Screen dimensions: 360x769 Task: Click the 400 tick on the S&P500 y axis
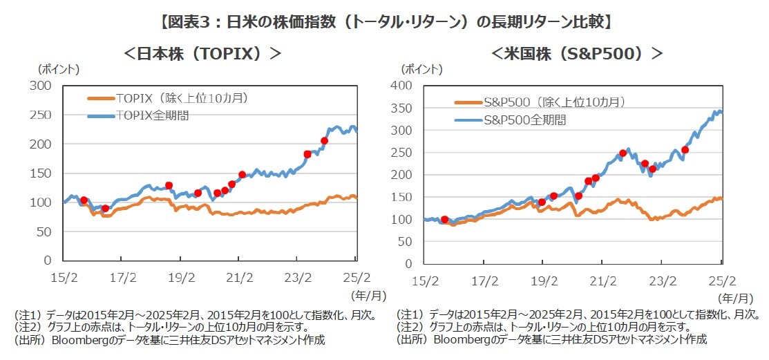point(401,86)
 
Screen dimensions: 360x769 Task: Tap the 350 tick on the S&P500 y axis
point(401,108)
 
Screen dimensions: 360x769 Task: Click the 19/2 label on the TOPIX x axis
point(180,278)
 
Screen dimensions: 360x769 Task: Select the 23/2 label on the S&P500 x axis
point(663,281)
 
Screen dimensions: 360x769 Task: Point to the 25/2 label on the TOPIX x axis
point(356,278)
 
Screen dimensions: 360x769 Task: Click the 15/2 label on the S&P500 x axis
point(426,281)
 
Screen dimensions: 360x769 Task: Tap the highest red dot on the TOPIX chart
point(325,141)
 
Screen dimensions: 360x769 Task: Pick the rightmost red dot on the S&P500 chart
point(685,150)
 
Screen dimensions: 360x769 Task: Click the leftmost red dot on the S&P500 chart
point(444,220)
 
